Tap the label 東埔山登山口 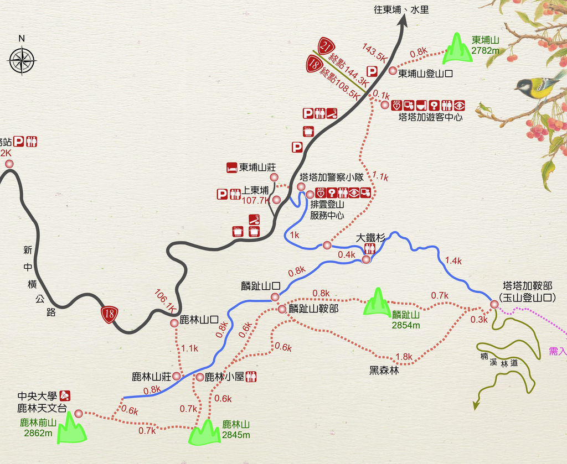425,72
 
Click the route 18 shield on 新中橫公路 108,314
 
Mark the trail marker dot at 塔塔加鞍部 494,304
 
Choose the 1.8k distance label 404,357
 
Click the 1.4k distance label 453,260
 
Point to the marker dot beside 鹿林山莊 177,377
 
